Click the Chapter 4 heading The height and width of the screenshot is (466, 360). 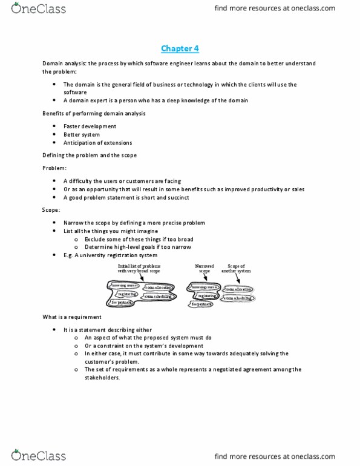(x=180, y=48)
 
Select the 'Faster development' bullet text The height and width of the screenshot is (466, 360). (x=90, y=126)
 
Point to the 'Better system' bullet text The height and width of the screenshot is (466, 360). (x=82, y=135)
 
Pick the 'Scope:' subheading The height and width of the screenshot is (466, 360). (x=51, y=209)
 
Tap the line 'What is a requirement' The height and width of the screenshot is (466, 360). (x=72, y=317)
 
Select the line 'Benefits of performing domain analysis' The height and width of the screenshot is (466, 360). (x=93, y=114)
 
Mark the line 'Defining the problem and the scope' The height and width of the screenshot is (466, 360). (x=90, y=156)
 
